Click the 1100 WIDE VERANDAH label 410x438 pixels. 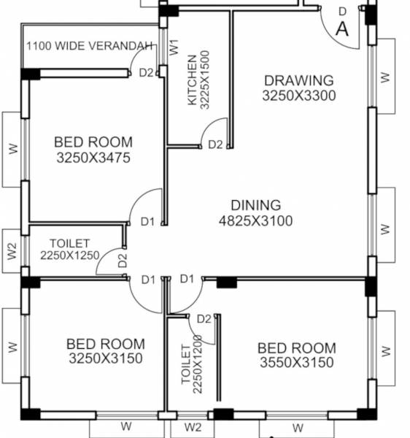tap(90, 46)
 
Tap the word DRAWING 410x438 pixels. tap(299, 80)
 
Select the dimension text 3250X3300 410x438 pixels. tap(299, 95)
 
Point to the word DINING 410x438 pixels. tap(255, 205)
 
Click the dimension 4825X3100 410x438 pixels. tap(255, 220)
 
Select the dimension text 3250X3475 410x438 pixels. tap(93, 158)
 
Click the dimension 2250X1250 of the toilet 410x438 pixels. tap(69, 255)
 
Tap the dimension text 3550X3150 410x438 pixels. tap(297, 363)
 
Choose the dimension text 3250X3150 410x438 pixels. tap(106, 358)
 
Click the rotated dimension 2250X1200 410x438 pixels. tap(197, 365)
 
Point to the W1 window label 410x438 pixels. tap(174, 47)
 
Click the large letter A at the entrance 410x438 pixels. tap(342, 29)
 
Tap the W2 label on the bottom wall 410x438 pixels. tap(193, 426)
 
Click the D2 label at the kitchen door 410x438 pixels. tap(215, 145)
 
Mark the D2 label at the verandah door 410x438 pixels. tap(146, 72)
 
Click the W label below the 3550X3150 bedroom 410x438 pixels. tap(297, 427)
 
